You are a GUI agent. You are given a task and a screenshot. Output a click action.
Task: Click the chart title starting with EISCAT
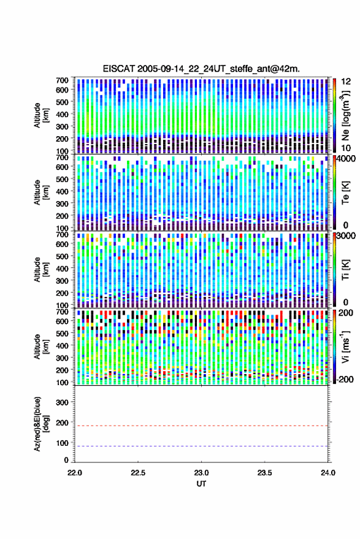[201, 69]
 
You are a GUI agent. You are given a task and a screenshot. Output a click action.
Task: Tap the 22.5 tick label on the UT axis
[138, 473]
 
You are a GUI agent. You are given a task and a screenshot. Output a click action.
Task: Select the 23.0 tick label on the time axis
[201, 473]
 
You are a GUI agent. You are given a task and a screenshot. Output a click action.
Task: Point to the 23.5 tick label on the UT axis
[264, 473]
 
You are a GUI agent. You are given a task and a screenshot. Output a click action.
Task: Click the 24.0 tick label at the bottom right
[327, 473]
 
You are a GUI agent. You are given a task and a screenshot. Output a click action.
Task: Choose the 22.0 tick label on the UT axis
[75, 473]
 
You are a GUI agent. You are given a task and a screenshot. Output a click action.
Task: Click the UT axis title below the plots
[201, 484]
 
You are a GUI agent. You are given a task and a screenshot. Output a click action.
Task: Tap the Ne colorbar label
[345, 115]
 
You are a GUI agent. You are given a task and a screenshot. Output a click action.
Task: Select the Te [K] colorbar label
[345, 193]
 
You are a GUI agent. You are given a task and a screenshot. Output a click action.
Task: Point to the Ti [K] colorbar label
[345, 270]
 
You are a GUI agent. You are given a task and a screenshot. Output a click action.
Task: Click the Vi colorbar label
[345, 346]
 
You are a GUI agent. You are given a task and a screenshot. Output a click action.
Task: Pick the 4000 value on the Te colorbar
[344, 159]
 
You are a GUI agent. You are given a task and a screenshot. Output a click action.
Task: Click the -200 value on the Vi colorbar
[343, 379]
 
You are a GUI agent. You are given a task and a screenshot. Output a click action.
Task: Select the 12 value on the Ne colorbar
[346, 81]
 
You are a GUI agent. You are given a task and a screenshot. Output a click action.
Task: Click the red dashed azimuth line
[201, 426]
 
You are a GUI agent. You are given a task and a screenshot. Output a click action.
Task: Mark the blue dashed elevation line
[201, 446]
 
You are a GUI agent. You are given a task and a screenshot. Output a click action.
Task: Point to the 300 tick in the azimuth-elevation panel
[62, 402]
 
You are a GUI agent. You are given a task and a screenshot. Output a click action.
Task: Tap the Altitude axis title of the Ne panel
[41, 115]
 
